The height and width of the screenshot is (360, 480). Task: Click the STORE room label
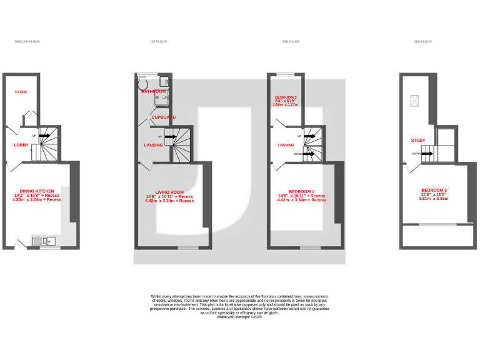(21, 92)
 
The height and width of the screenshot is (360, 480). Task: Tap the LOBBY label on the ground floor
(22, 145)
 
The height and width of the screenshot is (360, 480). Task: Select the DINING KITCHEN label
(37, 191)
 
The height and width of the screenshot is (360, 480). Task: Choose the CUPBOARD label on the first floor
(162, 117)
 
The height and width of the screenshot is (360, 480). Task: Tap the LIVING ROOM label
(169, 192)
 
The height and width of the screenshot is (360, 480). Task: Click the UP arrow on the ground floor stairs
(44, 135)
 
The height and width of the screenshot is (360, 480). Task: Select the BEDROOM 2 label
(285, 97)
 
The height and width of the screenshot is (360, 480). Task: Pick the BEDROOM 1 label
(301, 191)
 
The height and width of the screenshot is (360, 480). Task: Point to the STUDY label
(418, 141)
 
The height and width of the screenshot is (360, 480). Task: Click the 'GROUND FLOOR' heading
(27, 41)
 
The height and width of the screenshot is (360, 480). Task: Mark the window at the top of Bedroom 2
(286, 75)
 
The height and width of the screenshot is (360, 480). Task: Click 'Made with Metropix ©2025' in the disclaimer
(239, 317)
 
